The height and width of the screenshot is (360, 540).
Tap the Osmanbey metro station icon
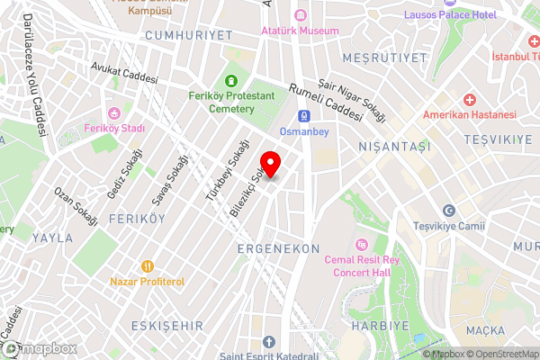(x=305, y=116)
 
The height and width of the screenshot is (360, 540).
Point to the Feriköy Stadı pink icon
(x=114, y=113)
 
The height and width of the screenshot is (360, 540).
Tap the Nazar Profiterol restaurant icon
(x=147, y=266)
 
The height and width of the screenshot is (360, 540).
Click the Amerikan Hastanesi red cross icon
(x=470, y=99)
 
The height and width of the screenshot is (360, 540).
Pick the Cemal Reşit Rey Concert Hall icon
(x=361, y=244)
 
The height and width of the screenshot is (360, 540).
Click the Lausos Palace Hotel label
(x=450, y=15)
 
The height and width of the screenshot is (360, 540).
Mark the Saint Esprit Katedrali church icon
(x=270, y=342)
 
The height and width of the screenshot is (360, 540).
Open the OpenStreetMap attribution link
(x=500, y=354)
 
